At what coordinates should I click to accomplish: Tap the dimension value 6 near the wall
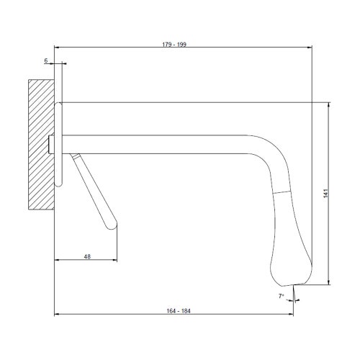coord(46,62)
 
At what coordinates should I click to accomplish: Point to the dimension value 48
coord(87,256)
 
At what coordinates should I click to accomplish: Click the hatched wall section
coord(41,144)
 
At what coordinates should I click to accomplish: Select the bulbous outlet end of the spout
coord(292,252)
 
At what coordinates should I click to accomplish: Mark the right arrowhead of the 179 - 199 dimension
coord(312,50)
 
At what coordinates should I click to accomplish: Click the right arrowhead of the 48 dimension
coord(116,261)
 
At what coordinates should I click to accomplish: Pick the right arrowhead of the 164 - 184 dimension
coord(292,316)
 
